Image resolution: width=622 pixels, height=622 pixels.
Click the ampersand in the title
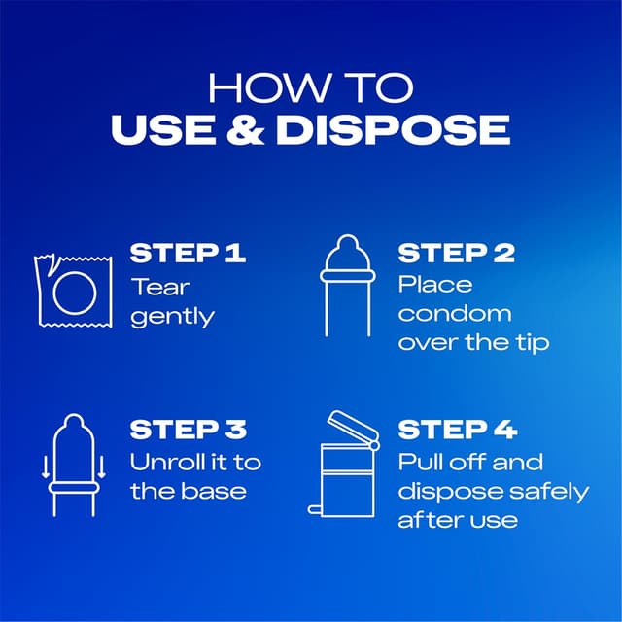(246, 129)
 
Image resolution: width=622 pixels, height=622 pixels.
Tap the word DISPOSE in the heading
(393, 129)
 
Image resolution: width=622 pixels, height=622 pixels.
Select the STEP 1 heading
(188, 253)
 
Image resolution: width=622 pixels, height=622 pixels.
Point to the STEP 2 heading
(456, 253)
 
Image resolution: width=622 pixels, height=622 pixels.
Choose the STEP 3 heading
(189, 430)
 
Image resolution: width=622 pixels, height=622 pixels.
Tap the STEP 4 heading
(458, 430)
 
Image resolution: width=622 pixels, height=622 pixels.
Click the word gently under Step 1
(173, 317)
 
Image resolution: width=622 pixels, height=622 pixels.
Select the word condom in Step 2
(455, 313)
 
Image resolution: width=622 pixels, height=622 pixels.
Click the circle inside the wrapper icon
(75, 272)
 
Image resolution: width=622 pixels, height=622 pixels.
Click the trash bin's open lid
(353, 427)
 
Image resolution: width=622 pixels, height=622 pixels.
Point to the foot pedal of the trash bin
(314, 509)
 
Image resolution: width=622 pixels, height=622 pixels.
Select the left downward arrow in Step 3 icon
(46, 466)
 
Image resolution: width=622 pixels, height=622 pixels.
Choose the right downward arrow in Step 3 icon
(101, 466)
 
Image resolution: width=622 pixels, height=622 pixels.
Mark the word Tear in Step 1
(160, 287)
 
